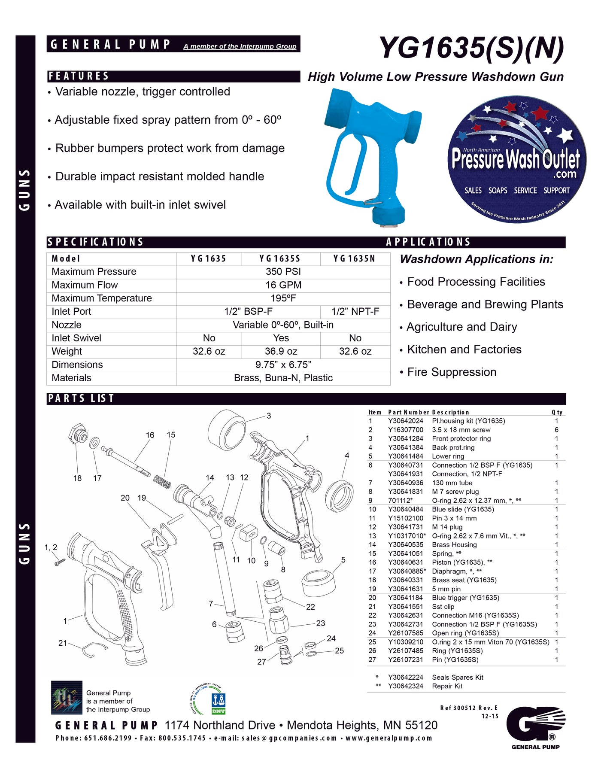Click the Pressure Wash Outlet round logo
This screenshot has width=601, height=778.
[516, 160]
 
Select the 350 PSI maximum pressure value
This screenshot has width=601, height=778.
[283, 272]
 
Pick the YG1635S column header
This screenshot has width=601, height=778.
[280, 258]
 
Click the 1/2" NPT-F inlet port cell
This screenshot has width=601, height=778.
[355, 312]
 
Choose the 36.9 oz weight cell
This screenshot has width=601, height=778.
[281, 352]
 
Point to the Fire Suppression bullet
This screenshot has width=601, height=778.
[451, 372]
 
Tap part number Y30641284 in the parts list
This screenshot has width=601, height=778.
[405, 439]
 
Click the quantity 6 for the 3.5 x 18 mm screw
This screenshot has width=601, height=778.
[556, 430]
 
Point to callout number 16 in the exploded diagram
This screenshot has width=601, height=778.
[150, 435]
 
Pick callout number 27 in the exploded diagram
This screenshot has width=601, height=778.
[261, 662]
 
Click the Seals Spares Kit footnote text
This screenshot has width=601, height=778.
[457, 678]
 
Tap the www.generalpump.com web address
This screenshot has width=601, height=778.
[389, 738]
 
